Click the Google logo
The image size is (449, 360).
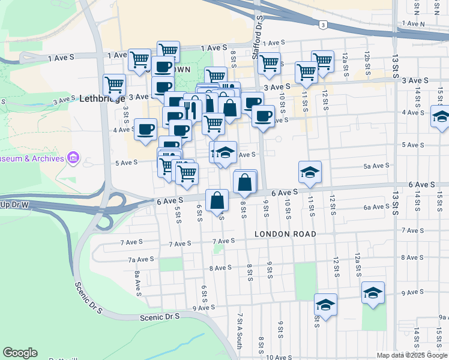pos(20,353)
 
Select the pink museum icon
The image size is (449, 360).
pos(74,158)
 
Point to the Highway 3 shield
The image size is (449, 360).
pos(323,25)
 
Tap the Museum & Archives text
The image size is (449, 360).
pos(32,158)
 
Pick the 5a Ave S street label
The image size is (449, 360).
pos(376,166)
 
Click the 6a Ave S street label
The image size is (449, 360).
pos(376,207)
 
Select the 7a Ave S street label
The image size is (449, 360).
pos(139,260)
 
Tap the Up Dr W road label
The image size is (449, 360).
pos(14,205)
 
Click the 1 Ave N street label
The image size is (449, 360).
pos(414,23)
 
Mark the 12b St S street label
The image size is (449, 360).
pos(366,61)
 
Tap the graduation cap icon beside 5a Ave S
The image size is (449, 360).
pos(310,173)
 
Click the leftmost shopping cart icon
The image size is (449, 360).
pos(114,85)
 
